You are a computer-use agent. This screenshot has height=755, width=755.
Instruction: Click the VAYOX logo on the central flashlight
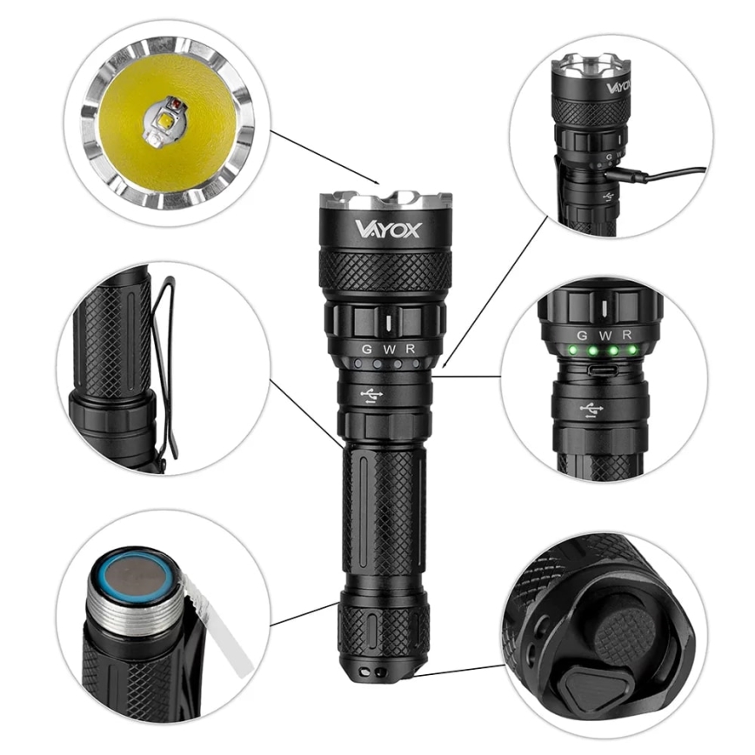[x=387, y=229]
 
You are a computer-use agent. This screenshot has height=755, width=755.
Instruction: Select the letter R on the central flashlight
[x=410, y=349]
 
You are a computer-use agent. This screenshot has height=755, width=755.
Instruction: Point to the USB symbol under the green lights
[x=592, y=408]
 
